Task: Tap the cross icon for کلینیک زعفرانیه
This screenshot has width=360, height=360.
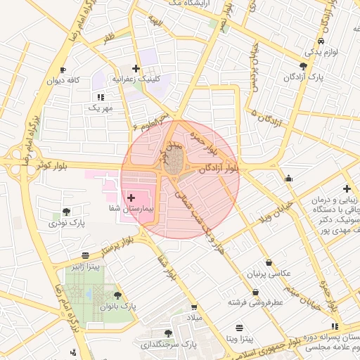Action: pyautogui.click(x=136, y=69)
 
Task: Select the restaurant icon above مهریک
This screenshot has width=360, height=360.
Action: pyautogui.click(x=100, y=97)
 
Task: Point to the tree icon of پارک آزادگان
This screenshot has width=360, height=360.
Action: pyautogui.click(x=303, y=66)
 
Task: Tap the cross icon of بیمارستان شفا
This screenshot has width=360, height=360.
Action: pyautogui.click(x=131, y=199)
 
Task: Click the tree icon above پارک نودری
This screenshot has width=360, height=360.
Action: pyautogui.click(x=66, y=212)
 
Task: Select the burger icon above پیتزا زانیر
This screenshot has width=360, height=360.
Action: pyautogui.click(x=85, y=255)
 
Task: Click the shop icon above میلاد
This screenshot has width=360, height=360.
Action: pyautogui.click(x=193, y=308)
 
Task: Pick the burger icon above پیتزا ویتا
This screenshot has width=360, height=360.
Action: pyautogui.click(x=239, y=328)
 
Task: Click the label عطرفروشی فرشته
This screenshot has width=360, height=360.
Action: pyautogui.click(x=255, y=302)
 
